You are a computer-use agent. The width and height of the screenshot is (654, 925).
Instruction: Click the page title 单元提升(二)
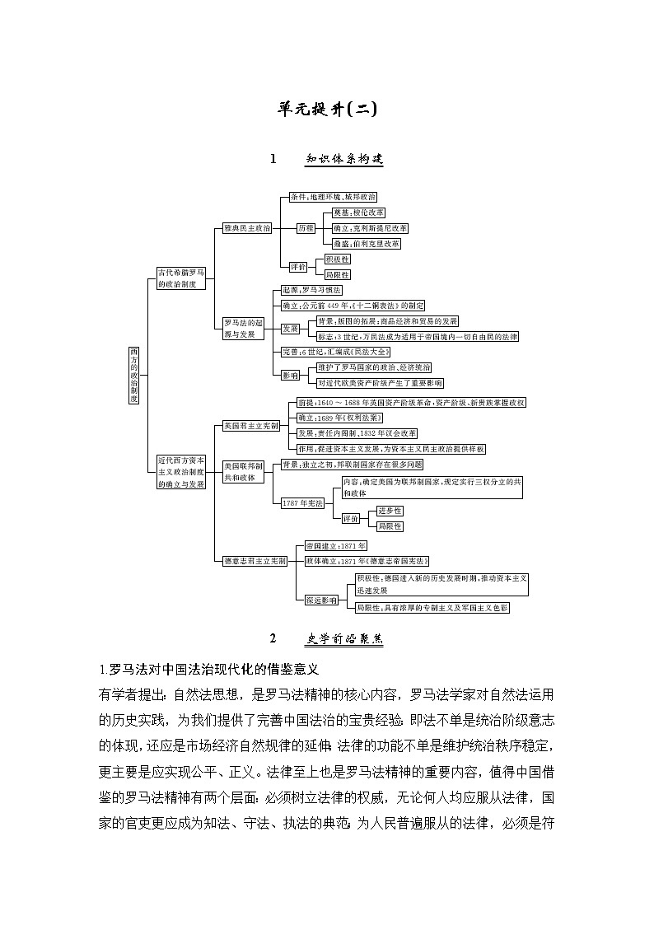tap(327, 109)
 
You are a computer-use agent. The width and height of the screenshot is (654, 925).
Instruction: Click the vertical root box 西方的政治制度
tap(134, 375)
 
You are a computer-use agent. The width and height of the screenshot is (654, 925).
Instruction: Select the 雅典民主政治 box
tap(248, 228)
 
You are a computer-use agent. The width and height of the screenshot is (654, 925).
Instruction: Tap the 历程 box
tap(306, 228)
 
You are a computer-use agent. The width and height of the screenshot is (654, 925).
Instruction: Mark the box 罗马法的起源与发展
tap(243, 329)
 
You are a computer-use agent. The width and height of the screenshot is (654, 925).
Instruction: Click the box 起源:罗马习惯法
tap(311, 291)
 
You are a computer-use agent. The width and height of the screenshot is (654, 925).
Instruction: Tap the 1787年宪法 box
tap(302, 502)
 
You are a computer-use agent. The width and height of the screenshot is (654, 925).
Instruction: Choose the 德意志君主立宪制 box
tap(255, 561)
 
